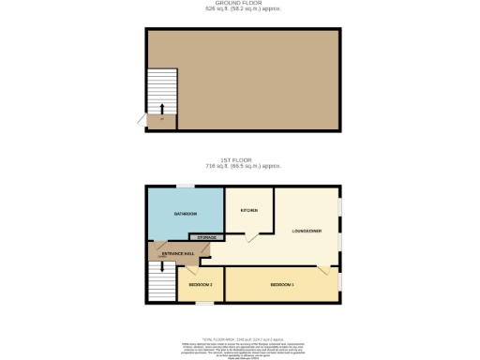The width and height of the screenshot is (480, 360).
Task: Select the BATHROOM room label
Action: [185, 215]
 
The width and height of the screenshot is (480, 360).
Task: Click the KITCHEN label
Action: [248, 210]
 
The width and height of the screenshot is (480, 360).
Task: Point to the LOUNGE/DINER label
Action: [307, 231]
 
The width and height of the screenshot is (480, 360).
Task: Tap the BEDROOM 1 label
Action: [282, 284]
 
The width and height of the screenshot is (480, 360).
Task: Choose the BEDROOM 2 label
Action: [201, 284]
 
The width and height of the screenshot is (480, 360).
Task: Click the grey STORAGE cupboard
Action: [207, 238]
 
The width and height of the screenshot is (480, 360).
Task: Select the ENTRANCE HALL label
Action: [178, 254]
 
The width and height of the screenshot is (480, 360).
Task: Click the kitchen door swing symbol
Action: [252, 239]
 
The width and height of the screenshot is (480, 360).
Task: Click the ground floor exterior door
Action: [142, 119]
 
